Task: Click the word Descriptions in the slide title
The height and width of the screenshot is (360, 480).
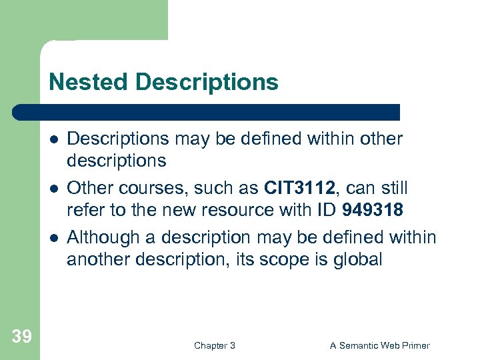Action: (207, 82)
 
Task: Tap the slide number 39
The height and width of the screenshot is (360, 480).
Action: (21, 337)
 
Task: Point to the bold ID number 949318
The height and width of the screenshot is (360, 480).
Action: (373, 210)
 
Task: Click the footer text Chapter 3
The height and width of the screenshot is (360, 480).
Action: (214, 345)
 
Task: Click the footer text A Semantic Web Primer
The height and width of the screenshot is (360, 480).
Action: (380, 345)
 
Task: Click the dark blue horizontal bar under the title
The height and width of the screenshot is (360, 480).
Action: (207, 112)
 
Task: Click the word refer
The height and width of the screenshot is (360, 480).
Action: (83, 210)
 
